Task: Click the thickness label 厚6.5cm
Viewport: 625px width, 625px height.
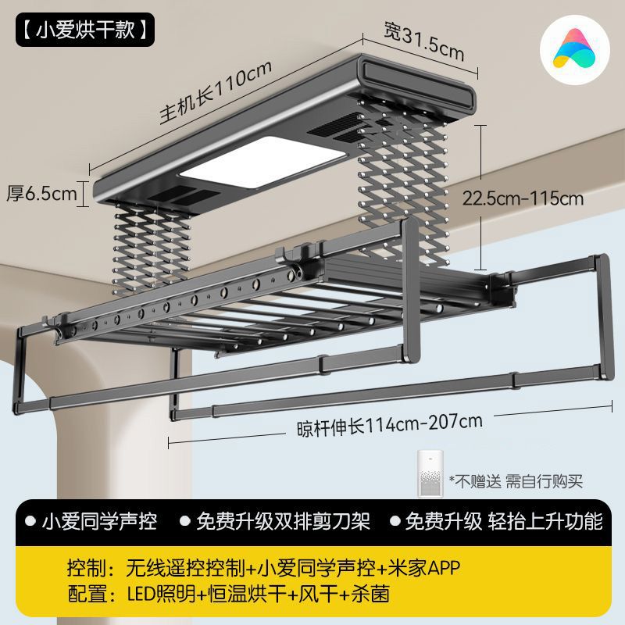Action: pos(42,193)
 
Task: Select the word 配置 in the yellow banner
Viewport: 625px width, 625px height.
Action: pos(84,595)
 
